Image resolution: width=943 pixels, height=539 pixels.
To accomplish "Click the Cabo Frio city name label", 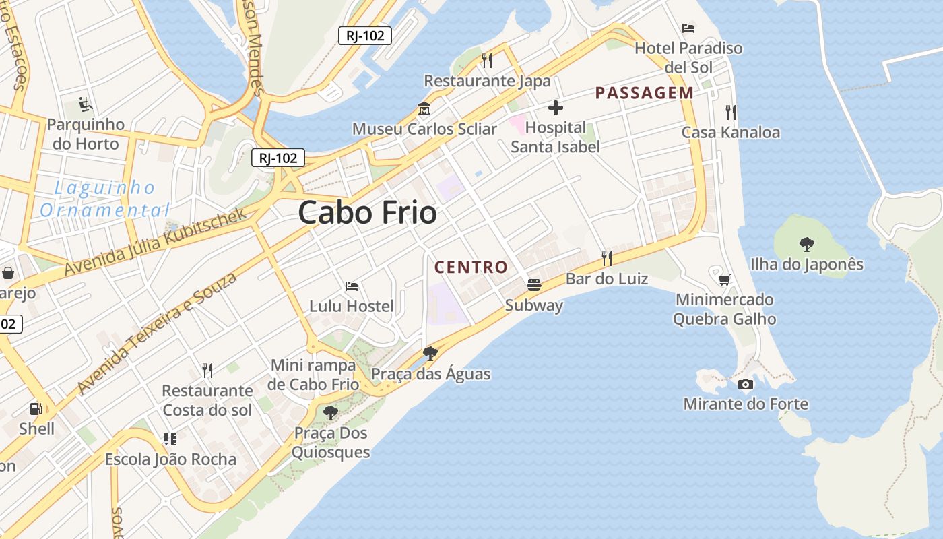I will click(367, 213).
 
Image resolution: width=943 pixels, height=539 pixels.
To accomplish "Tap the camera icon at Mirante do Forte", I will click(746, 384).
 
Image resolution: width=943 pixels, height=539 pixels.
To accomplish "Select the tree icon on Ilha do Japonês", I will click(806, 244).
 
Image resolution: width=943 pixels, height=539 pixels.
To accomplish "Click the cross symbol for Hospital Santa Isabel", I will click(556, 108).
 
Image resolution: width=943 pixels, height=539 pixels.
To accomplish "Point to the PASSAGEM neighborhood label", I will click(644, 93).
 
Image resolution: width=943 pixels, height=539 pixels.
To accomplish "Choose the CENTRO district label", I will click(471, 267).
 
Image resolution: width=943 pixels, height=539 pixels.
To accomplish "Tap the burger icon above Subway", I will click(534, 284).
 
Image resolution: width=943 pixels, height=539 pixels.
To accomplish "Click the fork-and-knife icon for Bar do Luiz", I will click(607, 258).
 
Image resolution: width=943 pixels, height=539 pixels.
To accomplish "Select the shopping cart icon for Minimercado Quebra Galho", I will click(725, 279).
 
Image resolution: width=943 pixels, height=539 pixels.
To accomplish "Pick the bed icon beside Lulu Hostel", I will click(351, 286).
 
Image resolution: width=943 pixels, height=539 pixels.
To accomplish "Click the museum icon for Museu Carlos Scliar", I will click(424, 108).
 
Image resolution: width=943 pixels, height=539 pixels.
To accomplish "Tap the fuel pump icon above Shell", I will click(36, 408).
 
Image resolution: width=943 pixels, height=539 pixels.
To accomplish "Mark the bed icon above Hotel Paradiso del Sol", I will click(688, 28).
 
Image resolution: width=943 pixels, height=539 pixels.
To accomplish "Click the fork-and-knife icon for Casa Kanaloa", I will click(731, 112).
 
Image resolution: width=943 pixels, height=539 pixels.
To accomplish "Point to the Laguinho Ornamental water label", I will click(104, 199).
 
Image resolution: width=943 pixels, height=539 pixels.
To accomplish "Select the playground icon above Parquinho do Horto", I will click(86, 104).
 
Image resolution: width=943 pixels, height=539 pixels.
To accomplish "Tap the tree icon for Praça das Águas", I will click(430, 353).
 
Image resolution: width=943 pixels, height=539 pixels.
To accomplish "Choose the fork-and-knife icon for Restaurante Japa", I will click(487, 61).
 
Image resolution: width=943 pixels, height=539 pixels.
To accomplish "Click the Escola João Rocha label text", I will click(170, 459).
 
